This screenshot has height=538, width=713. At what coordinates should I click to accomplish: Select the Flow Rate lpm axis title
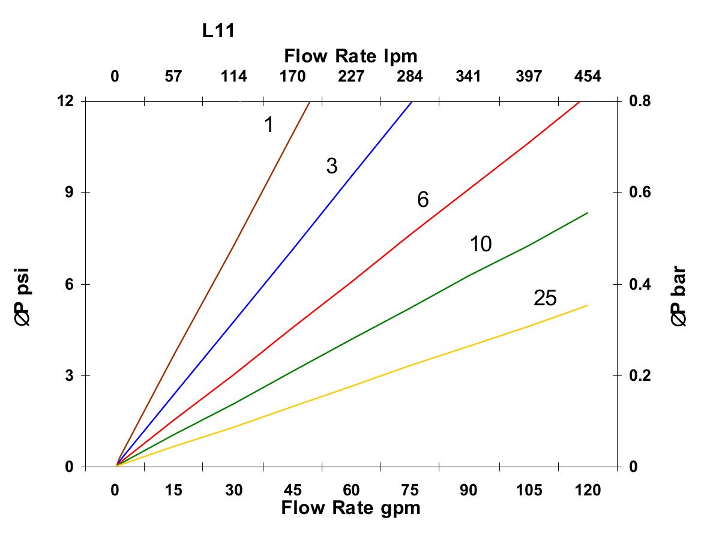coord(350,56)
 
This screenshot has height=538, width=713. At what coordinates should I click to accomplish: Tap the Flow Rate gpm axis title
coord(350,508)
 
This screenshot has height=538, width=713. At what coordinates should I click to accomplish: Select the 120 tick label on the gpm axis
coord(587,490)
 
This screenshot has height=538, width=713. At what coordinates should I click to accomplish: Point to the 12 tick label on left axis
coord(65,101)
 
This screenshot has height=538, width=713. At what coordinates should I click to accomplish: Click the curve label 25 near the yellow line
coord(545,298)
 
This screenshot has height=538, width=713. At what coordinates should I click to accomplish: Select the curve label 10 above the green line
coord(481,244)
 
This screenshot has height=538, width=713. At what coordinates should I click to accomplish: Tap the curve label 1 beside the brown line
coord(269,125)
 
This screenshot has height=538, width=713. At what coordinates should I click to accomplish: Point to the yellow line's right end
coord(586,306)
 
